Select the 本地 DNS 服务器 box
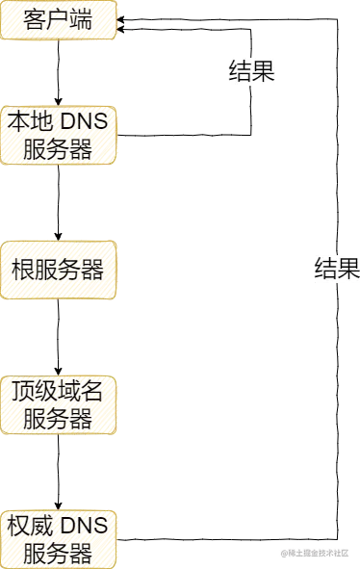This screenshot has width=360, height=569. click(60, 136)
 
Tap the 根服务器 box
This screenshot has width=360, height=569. click(60, 269)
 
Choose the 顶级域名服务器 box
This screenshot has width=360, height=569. click(60, 404)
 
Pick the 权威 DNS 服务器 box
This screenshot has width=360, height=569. click(58, 538)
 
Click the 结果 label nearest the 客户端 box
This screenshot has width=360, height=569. click(251, 71)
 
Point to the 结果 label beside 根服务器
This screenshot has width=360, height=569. click(336, 269)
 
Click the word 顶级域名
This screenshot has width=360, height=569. click(60, 391)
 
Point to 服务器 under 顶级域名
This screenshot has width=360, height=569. click(60, 419)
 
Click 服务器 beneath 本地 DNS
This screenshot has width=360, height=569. click(60, 150)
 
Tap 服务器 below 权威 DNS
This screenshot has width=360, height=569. click(58, 553)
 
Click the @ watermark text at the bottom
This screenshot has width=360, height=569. click(316, 553)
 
